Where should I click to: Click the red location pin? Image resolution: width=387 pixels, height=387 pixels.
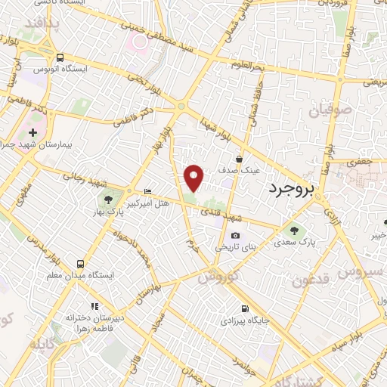194,177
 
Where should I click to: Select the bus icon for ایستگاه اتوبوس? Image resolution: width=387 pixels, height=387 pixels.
60,57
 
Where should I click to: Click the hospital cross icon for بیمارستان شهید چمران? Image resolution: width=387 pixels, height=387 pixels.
32,132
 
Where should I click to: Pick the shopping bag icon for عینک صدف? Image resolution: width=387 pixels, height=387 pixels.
240,159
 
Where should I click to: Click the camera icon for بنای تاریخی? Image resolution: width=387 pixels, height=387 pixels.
235,237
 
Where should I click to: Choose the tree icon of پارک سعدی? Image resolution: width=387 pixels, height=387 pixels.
293,231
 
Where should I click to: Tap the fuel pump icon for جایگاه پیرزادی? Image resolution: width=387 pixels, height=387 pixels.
243,308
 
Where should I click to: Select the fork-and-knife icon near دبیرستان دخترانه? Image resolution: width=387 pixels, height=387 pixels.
94,306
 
